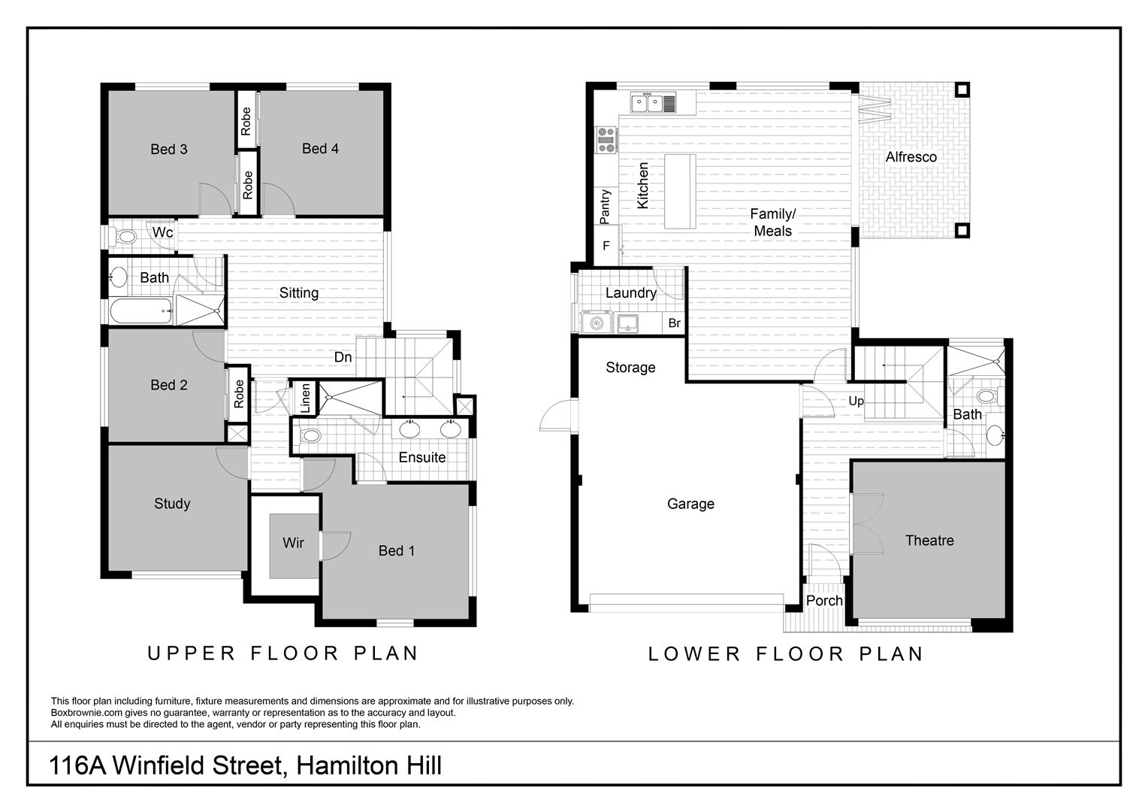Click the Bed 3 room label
click(x=168, y=150)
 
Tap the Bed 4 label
click(x=320, y=148)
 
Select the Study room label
click(x=172, y=504)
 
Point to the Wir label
click(x=293, y=543)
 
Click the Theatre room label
click(x=929, y=540)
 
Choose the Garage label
click(x=690, y=504)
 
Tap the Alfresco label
click(x=911, y=157)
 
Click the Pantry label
click(x=606, y=207)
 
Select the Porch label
click(x=824, y=601)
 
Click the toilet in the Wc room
click(x=125, y=237)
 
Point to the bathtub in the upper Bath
click(x=140, y=311)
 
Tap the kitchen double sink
click(x=654, y=103)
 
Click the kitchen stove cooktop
click(x=606, y=140)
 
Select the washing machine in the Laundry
click(x=597, y=323)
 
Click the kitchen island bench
click(x=680, y=191)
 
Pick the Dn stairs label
click(x=343, y=357)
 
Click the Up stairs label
click(x=856, y=401)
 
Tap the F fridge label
click(x=606, y=246)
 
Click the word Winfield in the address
click(x=198, y=766)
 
